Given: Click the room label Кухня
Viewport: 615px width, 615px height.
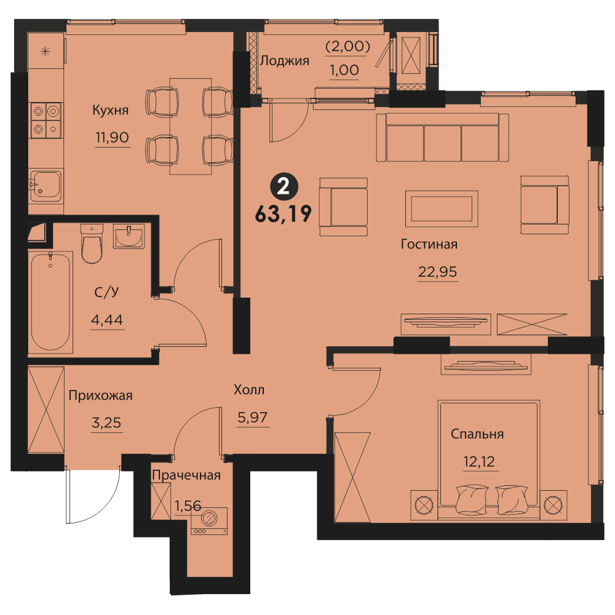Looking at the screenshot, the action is tap(110, 110).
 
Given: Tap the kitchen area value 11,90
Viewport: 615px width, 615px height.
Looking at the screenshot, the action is tap(112, 138).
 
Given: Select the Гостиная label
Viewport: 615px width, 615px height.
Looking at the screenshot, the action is tap(429, 244).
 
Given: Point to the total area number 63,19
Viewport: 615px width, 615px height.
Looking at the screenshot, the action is tap(283, 214).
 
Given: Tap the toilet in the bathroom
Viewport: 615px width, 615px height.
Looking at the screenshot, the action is tap(92, 243).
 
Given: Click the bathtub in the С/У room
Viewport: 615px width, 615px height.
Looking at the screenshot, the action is tap(50, 301).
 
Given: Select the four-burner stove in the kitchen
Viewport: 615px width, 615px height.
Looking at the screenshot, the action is tap(46, 120).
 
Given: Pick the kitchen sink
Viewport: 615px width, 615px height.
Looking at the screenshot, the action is tap(46, 186).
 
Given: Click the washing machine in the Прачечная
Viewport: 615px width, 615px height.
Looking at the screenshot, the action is tap(209, 520).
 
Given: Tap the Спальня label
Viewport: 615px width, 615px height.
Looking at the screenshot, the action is tap(477, 434).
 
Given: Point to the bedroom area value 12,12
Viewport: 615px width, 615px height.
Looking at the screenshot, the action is tap(479, 462).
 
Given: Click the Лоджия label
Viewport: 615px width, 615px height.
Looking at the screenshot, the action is tap(285, 61).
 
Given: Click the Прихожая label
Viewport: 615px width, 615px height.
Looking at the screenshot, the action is tap(100, 395).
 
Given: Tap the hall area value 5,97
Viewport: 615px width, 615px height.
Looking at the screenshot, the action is tap(253, 418).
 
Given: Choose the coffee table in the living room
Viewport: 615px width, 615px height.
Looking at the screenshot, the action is tap(442, 208).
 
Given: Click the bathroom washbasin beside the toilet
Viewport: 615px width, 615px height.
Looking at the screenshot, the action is tap(129, 236).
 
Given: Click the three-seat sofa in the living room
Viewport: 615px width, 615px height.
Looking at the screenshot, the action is tap(442, 137).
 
